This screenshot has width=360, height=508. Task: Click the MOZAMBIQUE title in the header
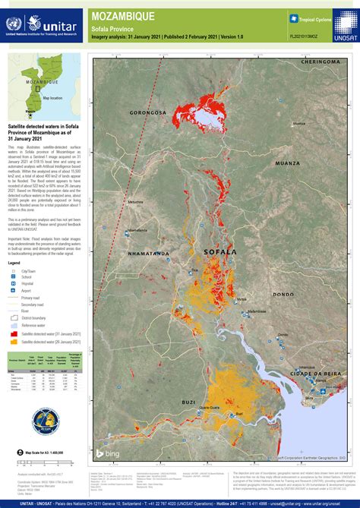tap(122, 15)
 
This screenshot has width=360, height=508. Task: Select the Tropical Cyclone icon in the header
tap(293, 17)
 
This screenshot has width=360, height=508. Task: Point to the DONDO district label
tap(283, 294)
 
